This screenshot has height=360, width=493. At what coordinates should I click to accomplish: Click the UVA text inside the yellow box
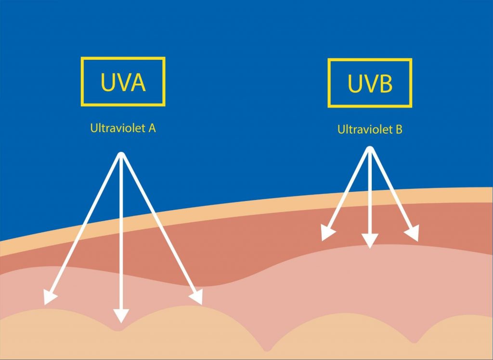pos(123,82)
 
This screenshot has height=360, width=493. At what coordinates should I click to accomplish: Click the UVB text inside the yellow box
pos(370,83)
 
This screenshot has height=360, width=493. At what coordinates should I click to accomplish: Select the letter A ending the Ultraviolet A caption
pos(152,128)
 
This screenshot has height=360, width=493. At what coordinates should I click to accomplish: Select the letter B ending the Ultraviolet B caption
pos(399,130)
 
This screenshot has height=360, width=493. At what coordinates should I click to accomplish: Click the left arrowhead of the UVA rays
pos(50,297)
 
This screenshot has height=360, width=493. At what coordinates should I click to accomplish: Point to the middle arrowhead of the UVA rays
pos(121,316)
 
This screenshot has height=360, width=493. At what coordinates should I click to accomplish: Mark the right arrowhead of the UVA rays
pos(196,297)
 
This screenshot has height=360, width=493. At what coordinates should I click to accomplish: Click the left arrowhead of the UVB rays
pos(327,233)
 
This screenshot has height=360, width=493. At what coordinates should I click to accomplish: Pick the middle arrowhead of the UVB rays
pos(370,241)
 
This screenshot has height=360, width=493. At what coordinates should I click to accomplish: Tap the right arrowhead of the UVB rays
pos(412,233)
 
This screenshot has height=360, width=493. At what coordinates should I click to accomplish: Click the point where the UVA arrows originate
pos(121,155)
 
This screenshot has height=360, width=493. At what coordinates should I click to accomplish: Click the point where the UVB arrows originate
pos(370,149)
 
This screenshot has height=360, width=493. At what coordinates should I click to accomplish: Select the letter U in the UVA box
pos(107,82)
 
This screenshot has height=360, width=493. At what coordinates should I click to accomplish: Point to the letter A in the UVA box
pos(138,82)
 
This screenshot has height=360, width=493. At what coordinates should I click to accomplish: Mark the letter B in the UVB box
pos(387,84)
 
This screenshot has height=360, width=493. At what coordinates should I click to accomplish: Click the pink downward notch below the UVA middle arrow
pos(117,327)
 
